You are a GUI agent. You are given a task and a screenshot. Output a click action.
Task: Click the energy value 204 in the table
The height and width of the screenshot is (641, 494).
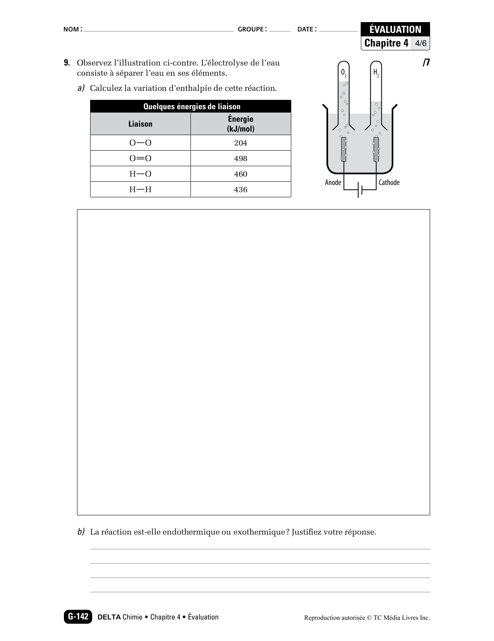pyautogui.click(x=240, y=143)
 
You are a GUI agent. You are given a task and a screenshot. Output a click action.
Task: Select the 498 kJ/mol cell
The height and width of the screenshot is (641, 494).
pyautogui.click(x=240, y=158)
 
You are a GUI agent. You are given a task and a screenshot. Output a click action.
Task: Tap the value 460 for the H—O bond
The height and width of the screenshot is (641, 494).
pyautogui.click(x=240, y=174)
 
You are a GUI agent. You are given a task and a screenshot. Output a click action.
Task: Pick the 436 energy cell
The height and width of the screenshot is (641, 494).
pyautogui.click(x=240, y=190)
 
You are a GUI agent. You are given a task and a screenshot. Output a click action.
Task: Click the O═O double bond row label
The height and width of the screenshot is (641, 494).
pyautogui.click(x=140, y=158)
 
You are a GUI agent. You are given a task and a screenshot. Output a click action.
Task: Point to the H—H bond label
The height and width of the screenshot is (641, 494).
pyautogui.click(x=140, y=190)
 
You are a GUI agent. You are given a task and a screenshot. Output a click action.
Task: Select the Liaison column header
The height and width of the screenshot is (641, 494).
pyautogui.click(x=140, y=124)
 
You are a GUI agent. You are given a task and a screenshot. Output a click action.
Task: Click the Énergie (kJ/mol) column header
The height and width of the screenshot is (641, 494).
pyautogui.click(x=240, y=124)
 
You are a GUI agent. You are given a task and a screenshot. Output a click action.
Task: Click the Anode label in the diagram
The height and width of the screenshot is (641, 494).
pyautogui.click(x=333, y=183)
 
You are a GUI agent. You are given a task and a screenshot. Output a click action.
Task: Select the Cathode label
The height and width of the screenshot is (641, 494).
pyautogui.click(x=389, y=183)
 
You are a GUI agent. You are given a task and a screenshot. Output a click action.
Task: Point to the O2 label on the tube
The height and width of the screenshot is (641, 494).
pyautogui.click(x=344, y=73)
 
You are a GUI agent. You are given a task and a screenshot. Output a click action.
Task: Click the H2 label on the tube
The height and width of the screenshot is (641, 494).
pyautogui.click(x=376, y=73)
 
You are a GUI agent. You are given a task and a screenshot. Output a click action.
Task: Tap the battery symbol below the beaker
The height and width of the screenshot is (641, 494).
pyautogui.click(x=360, y=190)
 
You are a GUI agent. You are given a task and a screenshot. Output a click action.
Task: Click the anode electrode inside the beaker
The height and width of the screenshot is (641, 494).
pyautogui.click(x=344, y=149)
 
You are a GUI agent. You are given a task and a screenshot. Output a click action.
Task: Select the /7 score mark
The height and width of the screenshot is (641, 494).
pyautogui.click(x=426, y=63)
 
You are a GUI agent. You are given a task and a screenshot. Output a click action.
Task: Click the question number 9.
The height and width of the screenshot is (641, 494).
pyautogui.click(x=67, y=63)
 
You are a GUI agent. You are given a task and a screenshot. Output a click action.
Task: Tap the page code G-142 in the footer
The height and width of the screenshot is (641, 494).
pyautogui.click(x=78, y=617)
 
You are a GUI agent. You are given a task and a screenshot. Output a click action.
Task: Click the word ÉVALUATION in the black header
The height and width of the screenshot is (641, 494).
pyautogui.click(x=395, y=29)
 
